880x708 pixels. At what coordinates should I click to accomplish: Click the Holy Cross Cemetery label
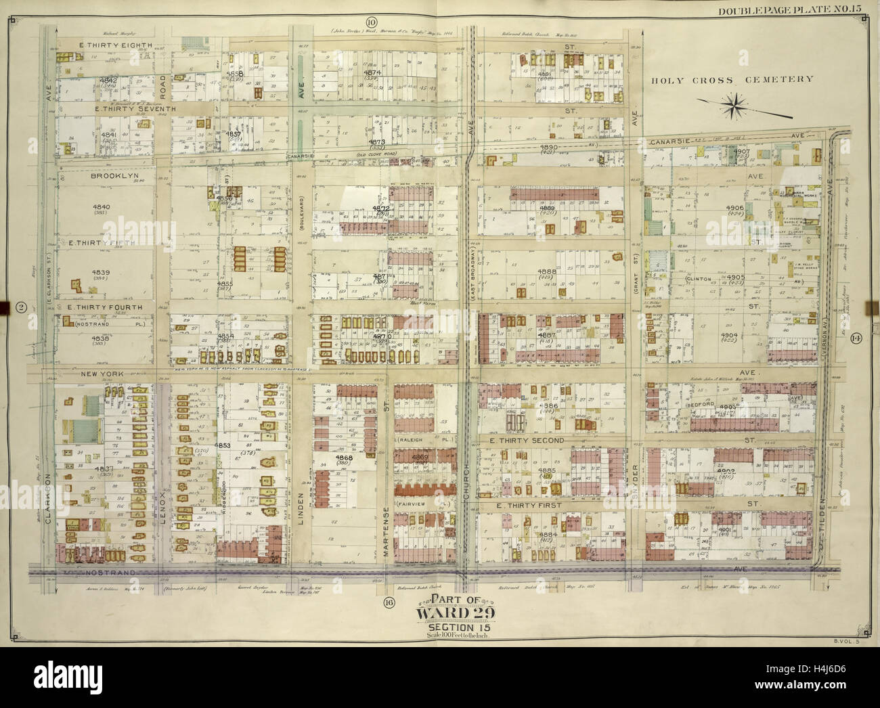[x=732, y=80]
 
